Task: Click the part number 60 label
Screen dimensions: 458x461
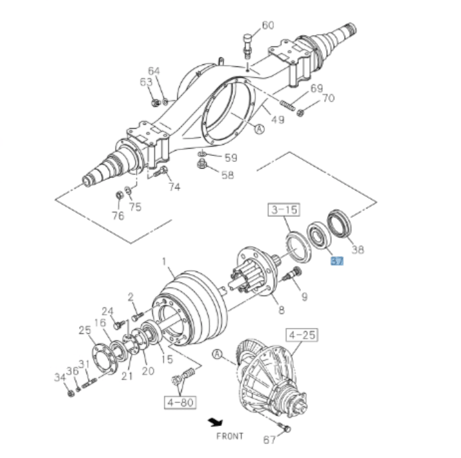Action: coord(268,26)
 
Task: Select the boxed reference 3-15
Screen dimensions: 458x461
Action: coord(283,210)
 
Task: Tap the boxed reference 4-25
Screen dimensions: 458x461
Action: coord(301,335)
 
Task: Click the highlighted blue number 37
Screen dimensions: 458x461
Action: coord(337,262)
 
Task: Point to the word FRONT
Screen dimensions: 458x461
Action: coord(229,436)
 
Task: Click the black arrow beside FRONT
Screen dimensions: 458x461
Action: coord(215,422)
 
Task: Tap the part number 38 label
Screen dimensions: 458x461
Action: coord(357,250)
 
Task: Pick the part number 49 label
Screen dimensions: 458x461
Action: coord(278,119)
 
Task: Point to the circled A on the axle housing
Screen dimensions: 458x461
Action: coord(259,130)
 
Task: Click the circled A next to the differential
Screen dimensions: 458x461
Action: coord(217,355)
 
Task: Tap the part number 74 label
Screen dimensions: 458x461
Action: coord(174,187)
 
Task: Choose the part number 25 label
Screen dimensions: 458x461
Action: coord(85,330)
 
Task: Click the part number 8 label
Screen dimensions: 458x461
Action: coord(281,310)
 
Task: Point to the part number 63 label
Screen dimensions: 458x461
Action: coord(145,82)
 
